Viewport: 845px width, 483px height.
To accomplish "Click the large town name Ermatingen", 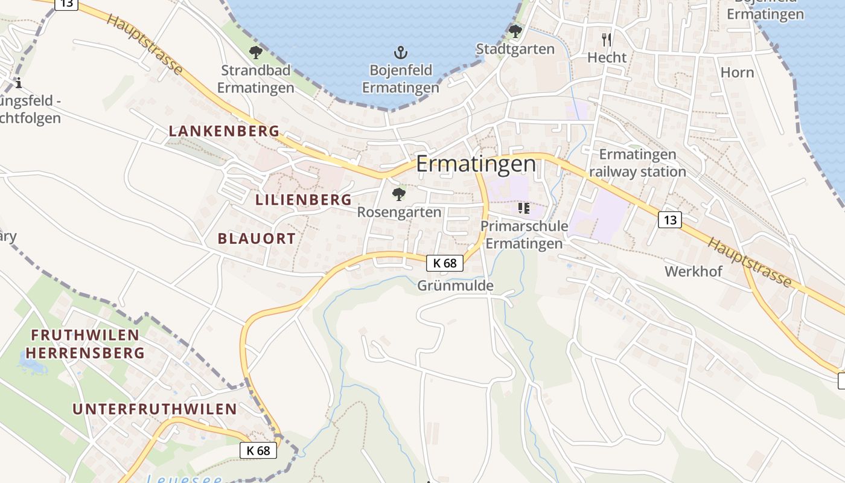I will point(476,164).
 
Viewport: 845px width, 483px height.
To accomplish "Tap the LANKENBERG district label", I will point(224,130).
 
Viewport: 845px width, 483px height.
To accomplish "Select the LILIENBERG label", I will point(304,199).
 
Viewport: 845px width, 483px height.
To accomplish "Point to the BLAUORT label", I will point(257,238).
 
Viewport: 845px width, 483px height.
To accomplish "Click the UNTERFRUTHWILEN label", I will point(155,409).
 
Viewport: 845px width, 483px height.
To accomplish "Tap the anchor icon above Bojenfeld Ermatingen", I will point(400,52).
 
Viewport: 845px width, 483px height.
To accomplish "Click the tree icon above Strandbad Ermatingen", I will point(256,52).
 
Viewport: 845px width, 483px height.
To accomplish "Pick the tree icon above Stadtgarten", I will point(515,30).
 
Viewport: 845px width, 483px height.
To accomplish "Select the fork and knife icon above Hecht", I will point(607,40).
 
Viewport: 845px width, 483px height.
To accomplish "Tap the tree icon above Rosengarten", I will point(398,194).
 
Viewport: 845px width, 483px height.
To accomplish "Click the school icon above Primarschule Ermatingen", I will point(524,208).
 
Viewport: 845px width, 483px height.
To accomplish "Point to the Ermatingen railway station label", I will point(637,163).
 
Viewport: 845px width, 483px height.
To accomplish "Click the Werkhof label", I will point(694,271).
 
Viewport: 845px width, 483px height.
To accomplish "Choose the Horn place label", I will point(737,72).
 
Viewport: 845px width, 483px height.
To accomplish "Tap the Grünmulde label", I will point(455,286).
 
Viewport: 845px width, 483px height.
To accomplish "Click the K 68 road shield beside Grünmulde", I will point(445,263).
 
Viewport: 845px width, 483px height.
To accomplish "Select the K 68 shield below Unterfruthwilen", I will point(258,450).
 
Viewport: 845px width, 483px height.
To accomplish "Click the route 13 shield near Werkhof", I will point(670,220).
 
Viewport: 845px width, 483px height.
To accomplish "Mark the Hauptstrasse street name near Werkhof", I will point(749,261).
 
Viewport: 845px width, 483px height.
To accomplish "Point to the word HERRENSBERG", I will point(85,353).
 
